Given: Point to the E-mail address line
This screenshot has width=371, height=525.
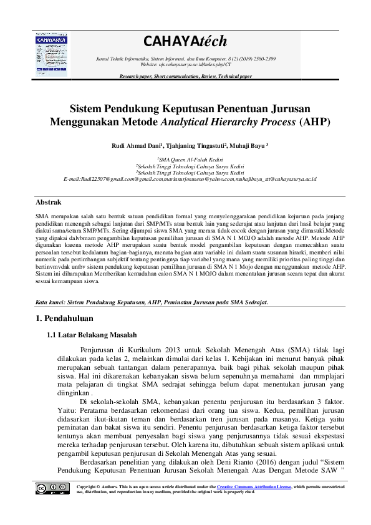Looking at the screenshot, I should (185, 179).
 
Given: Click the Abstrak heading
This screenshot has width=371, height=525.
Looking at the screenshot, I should (47, 203).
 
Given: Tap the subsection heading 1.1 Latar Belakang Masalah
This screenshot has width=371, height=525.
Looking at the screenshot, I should (92, 335).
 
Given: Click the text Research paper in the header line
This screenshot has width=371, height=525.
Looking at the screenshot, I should (136, 76).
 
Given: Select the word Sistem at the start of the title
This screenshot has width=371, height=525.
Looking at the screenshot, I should (87, 107).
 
